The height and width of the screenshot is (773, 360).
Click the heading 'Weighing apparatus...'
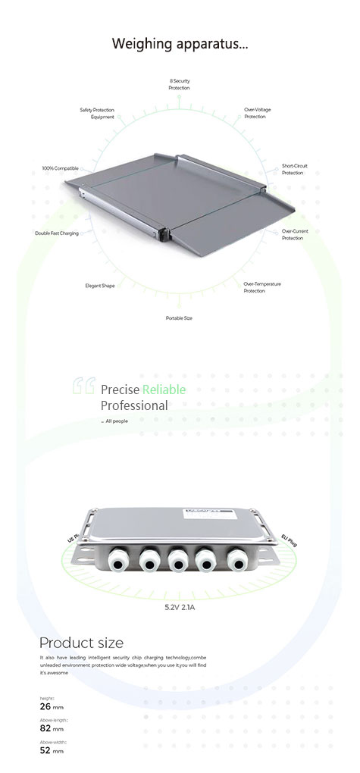tap(180, 43)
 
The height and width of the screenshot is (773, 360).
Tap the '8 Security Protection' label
tap(180, 84)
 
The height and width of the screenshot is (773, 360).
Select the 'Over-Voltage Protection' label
tap(257, 113)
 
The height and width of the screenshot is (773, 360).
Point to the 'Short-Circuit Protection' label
tap(295, 169)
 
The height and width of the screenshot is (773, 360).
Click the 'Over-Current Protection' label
tap(295, 234)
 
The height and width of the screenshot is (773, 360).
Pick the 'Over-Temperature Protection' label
tap(262, 287)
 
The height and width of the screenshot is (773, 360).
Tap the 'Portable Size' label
tap(179, 318)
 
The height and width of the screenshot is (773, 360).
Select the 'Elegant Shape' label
tap(99, 286)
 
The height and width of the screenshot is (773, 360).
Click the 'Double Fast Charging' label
tap(56, 233)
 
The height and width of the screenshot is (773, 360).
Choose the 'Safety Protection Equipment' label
tap(97, 113)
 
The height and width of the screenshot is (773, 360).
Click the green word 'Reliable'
tap(164, 390)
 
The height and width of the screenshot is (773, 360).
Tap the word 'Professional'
tap(134, 405)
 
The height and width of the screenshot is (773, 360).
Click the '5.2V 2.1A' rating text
tap(180, 607)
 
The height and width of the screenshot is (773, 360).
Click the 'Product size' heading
tap(81, 643)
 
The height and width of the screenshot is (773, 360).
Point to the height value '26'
tap(45, 706)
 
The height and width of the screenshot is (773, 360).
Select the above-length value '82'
tap(45, 728)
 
